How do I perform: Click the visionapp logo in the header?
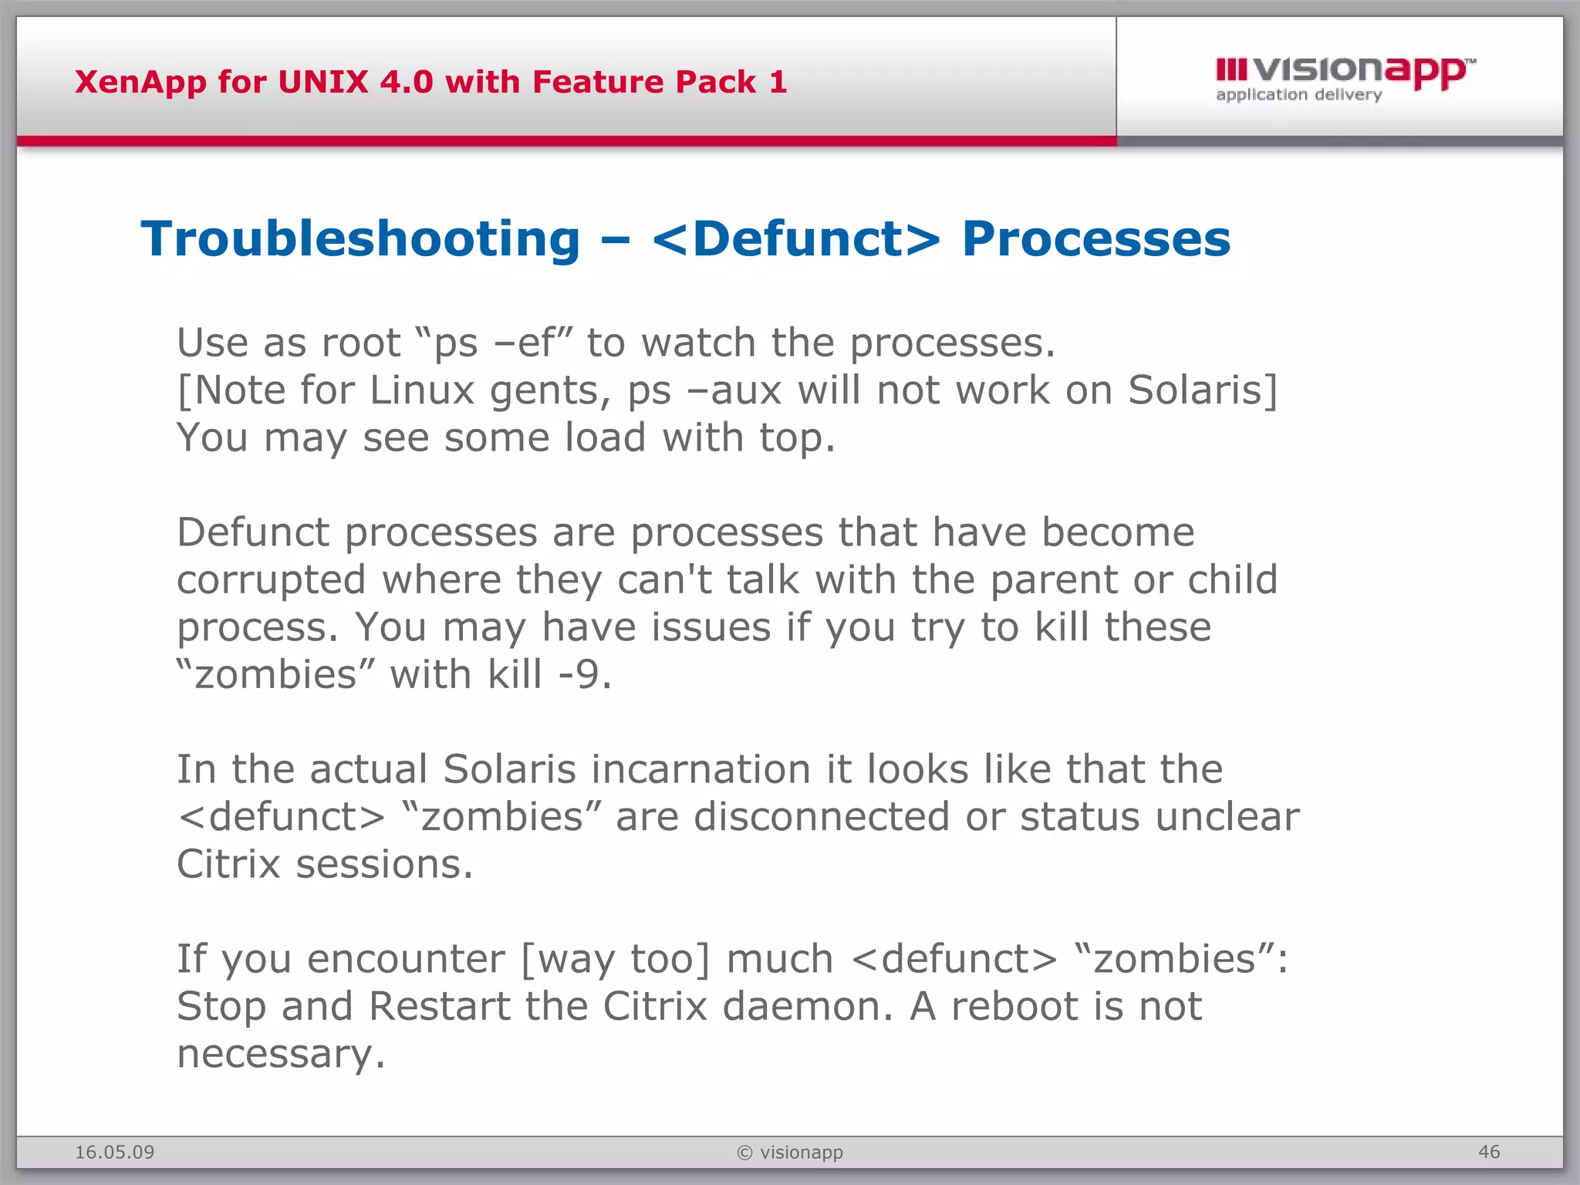[1344, 78]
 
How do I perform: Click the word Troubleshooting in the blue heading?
[360, 239]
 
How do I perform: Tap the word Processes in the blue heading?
[1096, 239]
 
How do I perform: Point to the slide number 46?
[1489, 1152]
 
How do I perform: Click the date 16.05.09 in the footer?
[114, 1153]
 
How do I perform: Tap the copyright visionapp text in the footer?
[790, 1153]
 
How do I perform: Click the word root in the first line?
[361, 343]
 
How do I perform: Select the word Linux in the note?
[421, 390]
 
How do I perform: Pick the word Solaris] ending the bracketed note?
[1203, 390]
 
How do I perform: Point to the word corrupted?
[271, 580]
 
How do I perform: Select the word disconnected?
[821, 817]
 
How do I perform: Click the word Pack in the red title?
[715, 82]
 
